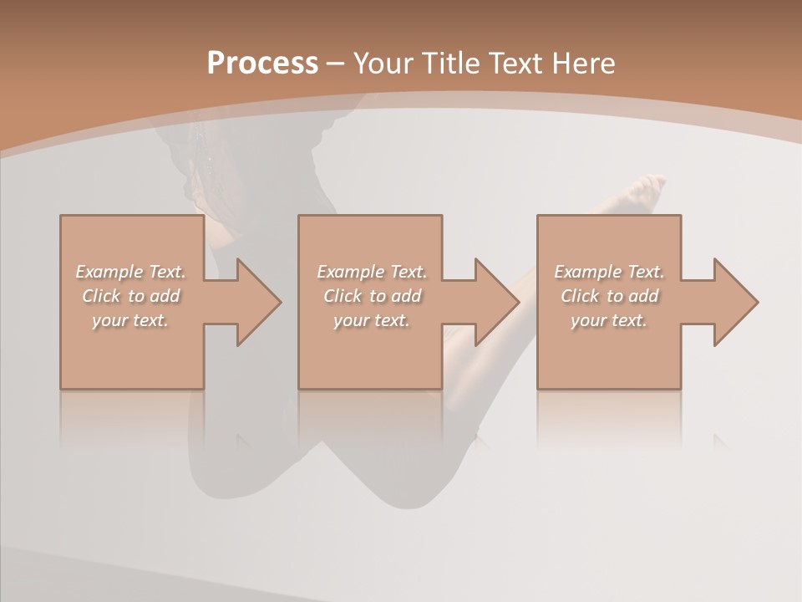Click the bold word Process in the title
click(x=262, y=64)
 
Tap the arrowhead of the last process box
click(x=734, y=302)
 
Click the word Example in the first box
click(x=109, y=272)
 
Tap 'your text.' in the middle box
click(x=371, y=320)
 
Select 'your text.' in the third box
click(x=608, y=320)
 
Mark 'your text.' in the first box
click(x=129, y=320)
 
